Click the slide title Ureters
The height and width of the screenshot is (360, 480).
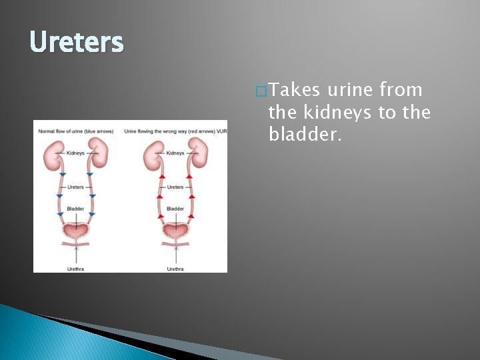(77, 43)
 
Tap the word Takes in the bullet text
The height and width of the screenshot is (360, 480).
(294, 90)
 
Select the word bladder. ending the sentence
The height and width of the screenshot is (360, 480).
(305, 135)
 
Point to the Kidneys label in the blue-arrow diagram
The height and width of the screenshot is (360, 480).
(75, 153)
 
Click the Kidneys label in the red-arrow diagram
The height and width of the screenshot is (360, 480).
(175, 153)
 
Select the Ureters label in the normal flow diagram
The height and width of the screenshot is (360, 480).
(75, 187)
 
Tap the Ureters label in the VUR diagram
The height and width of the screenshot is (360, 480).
(175, 187)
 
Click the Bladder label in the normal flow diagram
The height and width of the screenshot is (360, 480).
(75, 209)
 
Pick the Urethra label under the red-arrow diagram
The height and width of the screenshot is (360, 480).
(175, 269)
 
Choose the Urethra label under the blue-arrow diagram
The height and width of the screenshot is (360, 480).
(76, 269)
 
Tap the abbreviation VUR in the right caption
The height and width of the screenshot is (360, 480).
(222, 131)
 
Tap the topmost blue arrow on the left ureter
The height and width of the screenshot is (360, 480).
(62, 175)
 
